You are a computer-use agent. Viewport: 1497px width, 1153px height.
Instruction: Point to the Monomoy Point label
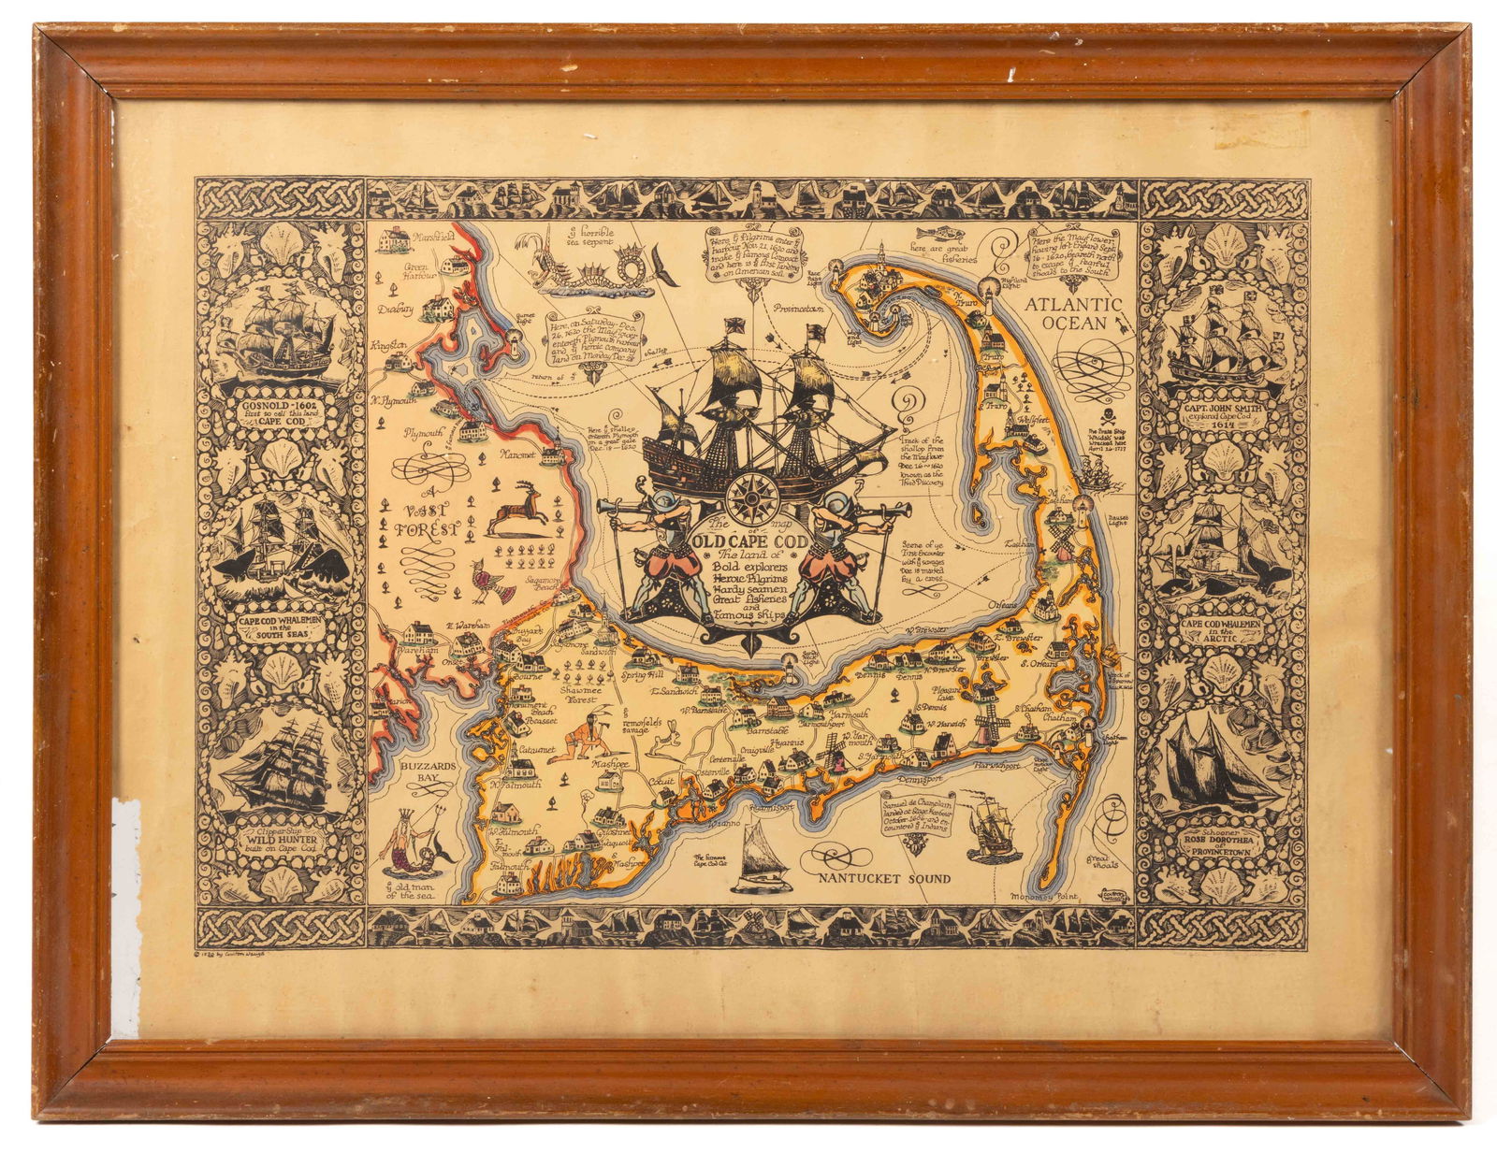coord(1044,896)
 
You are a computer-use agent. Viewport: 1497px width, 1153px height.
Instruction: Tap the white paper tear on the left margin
coord(124,916)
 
